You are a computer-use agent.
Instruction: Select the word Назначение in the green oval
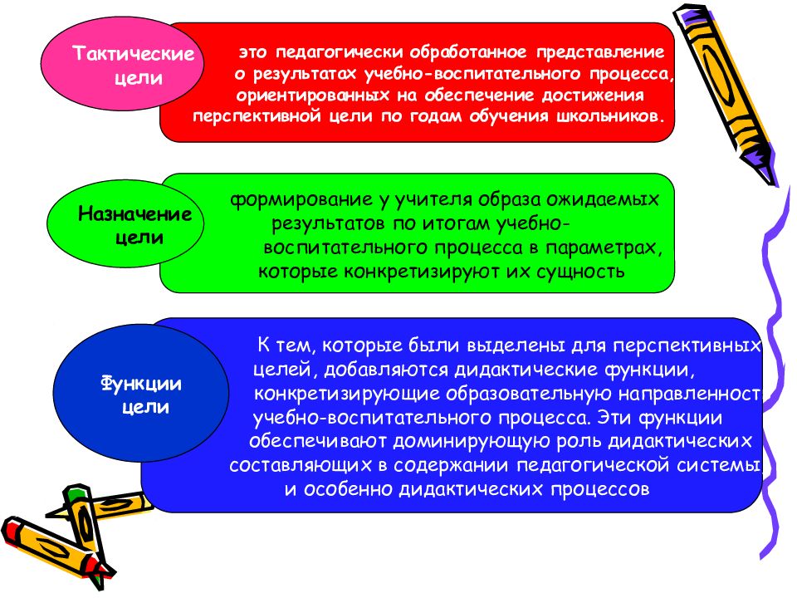coord(134,214)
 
